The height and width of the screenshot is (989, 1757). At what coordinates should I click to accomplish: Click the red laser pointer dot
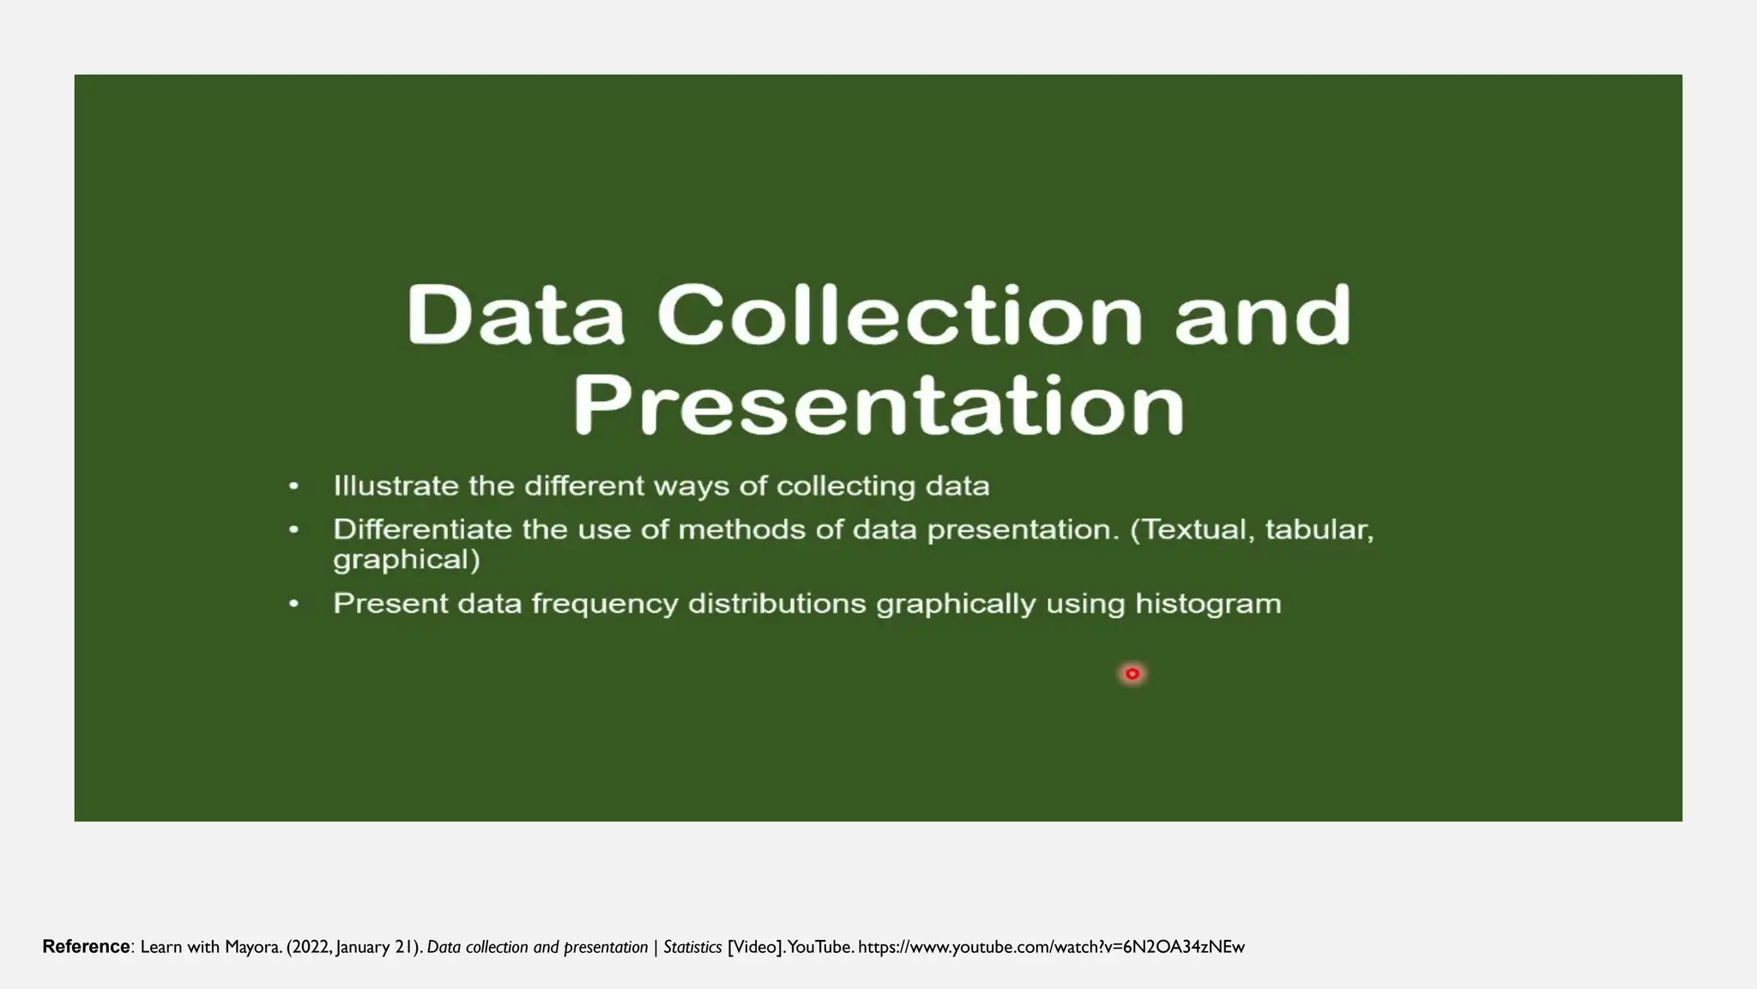(x=1132, y=674)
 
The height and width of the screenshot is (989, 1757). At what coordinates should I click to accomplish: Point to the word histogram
(x=1208, y=604)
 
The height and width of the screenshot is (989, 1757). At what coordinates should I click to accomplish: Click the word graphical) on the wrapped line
(x=407, y=561)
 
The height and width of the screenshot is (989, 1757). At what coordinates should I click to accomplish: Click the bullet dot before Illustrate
(x=294, y=487)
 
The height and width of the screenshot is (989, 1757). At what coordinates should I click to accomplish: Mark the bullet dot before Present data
(x=294, y=604)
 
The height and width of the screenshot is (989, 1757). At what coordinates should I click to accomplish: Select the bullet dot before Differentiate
(x=294, y=530)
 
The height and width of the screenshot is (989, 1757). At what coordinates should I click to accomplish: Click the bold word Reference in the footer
(x=86, y=947)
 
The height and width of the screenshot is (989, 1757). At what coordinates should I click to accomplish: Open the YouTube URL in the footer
(x=1051, y=948)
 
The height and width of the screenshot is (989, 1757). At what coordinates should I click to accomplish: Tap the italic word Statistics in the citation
(x=692, y=948)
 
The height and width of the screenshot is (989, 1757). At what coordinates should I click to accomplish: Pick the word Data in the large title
(x=516, y=315)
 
